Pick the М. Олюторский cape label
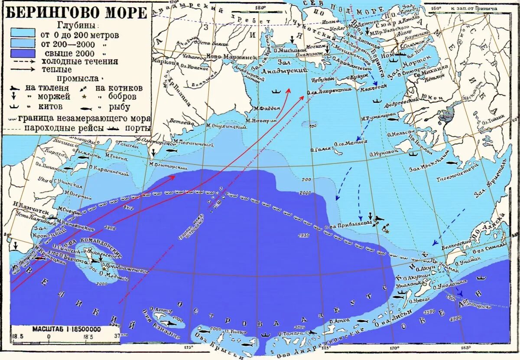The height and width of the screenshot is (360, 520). point(168,165)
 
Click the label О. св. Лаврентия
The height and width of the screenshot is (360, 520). point(328,91)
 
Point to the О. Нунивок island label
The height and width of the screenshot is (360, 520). point(383,153)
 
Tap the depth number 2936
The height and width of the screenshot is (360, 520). point(303,235)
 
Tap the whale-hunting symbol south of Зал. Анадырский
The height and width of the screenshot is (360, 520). point(276,92)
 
